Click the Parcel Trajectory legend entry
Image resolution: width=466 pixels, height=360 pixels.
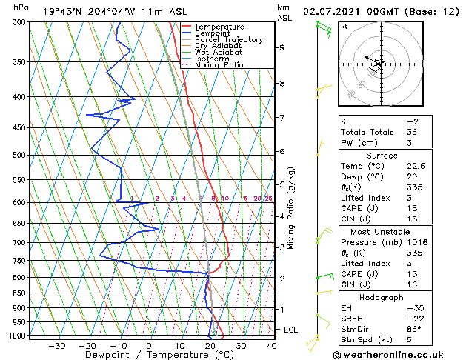tap(228, 39)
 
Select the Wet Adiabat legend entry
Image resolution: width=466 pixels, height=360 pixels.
tap(219, 52)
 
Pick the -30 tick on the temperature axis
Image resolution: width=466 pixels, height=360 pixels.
tap(56, 345)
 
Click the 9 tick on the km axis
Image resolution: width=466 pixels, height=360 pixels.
tap(282, 47)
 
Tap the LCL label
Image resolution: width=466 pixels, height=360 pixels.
tap(292, 329)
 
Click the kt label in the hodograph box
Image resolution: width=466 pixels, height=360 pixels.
tap(344, 26)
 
